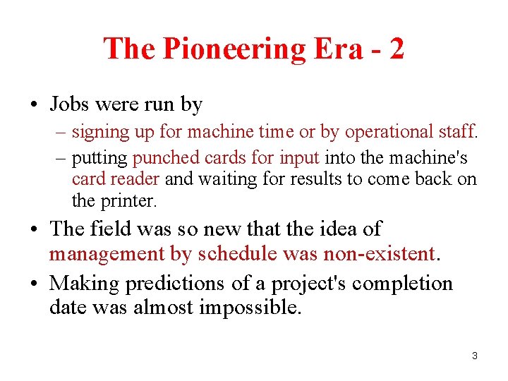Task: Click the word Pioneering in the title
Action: pos(233,49)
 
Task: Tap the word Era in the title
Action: pos(337,49)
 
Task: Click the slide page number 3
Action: pos(475,356)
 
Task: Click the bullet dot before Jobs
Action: pos(35,106)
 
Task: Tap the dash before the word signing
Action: pos(62,132)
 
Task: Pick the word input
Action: pos(302,157)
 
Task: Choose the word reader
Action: pos(135,179)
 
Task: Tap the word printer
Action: pos(128,201)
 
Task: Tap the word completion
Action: pos(402,284)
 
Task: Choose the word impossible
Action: pos(241,308)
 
